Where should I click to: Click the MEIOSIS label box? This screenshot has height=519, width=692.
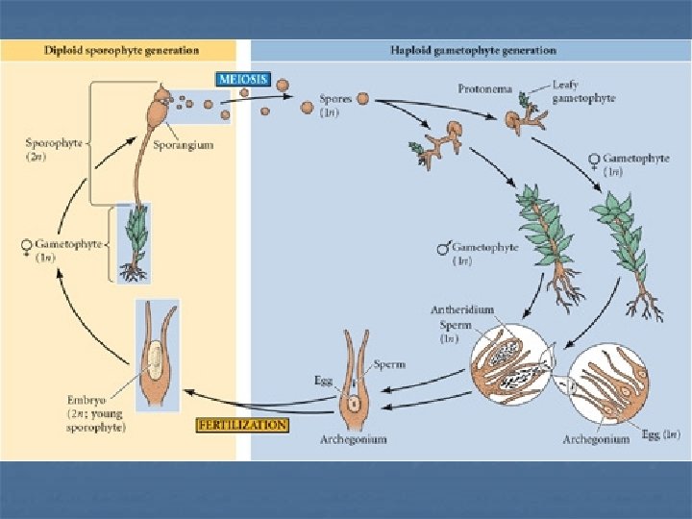coord(242,80)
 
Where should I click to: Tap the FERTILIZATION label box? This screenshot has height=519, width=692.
coord(242,424)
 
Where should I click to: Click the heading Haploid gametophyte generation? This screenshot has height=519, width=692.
coord(473,50)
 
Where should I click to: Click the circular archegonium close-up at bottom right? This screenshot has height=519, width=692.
coord(608,386)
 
